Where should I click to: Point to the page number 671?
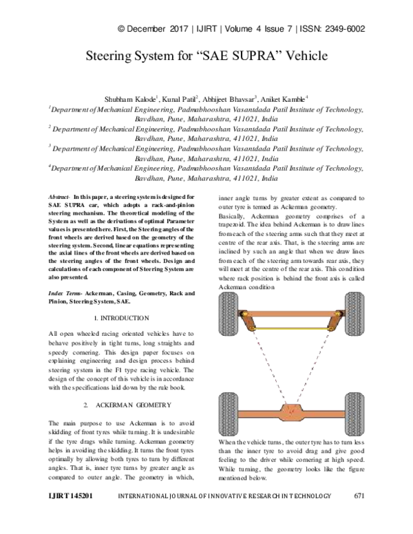[x=359, y=515]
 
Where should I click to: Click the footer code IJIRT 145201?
[x=72, y=515]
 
